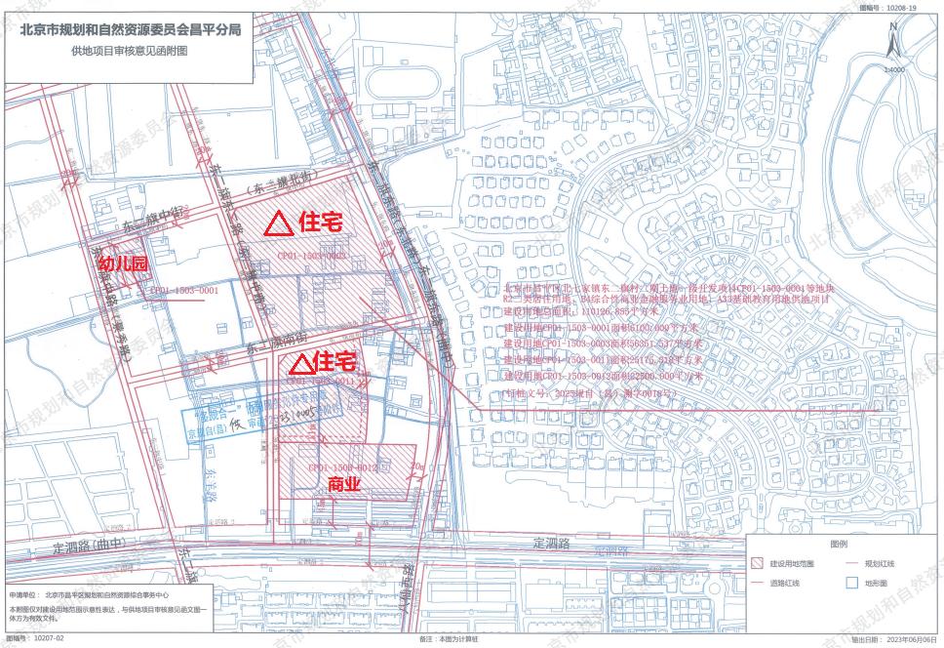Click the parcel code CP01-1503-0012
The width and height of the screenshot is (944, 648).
pos(342,468)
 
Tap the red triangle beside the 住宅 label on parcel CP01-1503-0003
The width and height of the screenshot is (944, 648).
pos(279,223)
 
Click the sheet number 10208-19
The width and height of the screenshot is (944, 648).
pos(901,7)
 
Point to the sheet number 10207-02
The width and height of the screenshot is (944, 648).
pos(48,639)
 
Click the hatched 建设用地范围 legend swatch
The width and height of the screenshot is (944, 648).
pos(757,564)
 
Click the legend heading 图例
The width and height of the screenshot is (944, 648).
pos(838,544)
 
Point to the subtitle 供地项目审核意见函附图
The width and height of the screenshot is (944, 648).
pos(131,50)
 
